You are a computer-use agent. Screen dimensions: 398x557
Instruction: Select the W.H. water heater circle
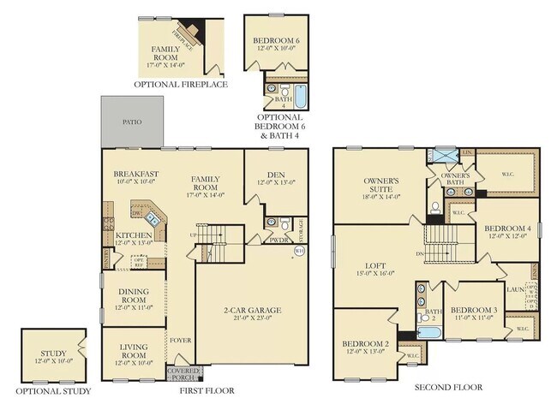(x=300, y=251)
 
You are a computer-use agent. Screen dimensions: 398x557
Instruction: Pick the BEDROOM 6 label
(x=275, y=41)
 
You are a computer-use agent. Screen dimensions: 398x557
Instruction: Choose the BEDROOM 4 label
(x=508, y=229)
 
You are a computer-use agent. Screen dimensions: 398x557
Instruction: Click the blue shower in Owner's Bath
(x=446, y=155)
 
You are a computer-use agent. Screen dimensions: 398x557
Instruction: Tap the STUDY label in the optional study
(x=53, y=353)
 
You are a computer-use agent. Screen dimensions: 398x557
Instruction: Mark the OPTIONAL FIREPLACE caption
(x=180, y=86)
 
